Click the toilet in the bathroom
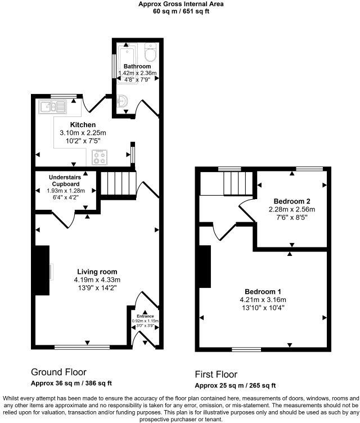pyautogui.click(x=151, y=54)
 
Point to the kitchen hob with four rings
pyautogui.click(x=100, y=157)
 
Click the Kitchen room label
pyautogui.click(x=83, y=125)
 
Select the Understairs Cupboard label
pyautogui.click(x=65, y=180)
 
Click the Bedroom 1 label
pyautogui.click(x=263, y=291)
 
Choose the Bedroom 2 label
pyautogui.click(x=292, y=201)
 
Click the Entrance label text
pyautogui.click(x=145, y=317)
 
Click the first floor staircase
pyautogui.click(x=236, y=183)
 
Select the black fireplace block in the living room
pyautogui.click(x=42, y=271)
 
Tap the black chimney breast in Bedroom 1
pyautogui.click(x=205, y=267)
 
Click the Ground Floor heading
pyautogui.click(x=58, y=372)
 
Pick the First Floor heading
pyautogui.click(x=216, y=374)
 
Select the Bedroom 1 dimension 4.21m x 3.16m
pyautogui.click(x=263, y=299)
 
